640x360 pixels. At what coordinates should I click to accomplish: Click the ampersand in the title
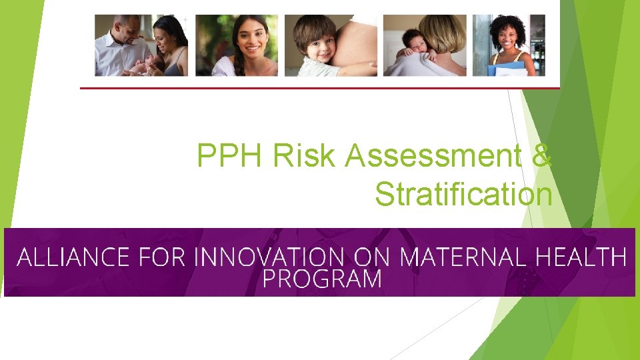pos(543,156)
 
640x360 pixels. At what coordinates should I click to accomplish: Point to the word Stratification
pos(463,195)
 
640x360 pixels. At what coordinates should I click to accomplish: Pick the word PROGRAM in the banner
pos(322,279)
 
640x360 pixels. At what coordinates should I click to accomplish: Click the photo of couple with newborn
pos(141,45)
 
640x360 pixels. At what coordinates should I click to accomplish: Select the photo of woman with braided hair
pos(236,45)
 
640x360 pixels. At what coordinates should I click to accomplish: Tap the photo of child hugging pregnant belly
pos(331,45)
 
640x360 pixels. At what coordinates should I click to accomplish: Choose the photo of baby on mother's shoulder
pos(425,45)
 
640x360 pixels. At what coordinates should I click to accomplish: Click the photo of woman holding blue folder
pos(509,45)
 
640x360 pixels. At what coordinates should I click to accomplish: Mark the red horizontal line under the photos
pos(320,87)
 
